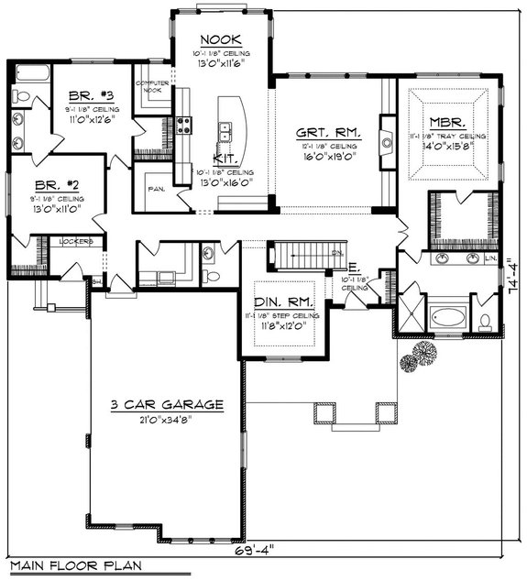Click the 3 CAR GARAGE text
(153, 404)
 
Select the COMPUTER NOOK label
(153, 87)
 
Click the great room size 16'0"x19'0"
(327, 157)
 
